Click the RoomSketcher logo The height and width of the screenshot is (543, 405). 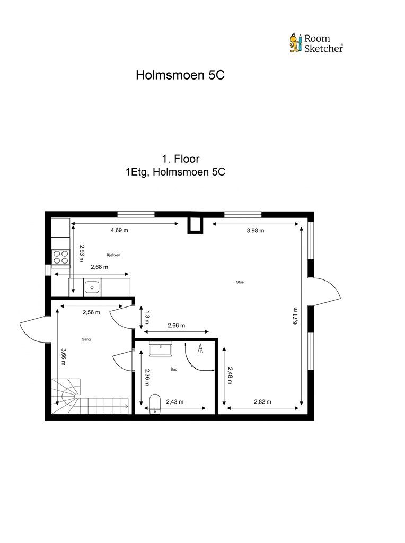pos(316,43)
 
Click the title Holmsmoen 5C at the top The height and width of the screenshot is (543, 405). pos(180,75)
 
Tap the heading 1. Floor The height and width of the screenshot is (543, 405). pos(181,159)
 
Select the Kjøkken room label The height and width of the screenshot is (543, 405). pos(113,255)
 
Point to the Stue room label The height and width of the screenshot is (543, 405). pos(240,282)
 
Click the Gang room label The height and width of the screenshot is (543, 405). pos(86,339)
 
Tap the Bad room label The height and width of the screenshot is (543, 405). pos(174,369)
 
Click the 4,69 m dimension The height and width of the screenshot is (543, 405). pos(119,230)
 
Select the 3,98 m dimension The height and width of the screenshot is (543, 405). pos(256,230)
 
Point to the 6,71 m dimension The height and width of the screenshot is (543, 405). pos(295,316)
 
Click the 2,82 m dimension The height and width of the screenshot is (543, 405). pos(263,402)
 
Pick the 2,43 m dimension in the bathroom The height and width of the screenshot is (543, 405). pos(175,402)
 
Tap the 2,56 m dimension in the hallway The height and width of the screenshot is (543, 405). pos(91,312)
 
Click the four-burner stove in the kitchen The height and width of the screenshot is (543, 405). pos(60,258)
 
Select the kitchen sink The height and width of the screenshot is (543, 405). pos(92,287)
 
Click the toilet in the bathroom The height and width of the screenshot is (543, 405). pos(155,404)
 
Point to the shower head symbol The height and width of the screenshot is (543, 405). pos(200,348)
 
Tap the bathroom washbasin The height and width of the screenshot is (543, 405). pos(160,349)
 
